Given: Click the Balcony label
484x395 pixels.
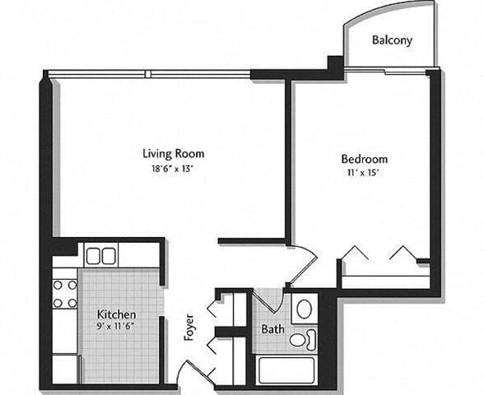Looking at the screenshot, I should click(392, 39).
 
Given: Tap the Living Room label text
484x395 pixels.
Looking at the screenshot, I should click(173, 153).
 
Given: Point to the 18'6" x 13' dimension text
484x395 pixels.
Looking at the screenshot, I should click(173, 168).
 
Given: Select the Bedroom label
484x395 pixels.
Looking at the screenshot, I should click(364, 159).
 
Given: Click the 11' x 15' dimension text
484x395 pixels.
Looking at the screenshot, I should click(364, 174).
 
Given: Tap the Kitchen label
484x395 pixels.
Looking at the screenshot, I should click(117, 315).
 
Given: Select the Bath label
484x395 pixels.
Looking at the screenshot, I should click(272, 330).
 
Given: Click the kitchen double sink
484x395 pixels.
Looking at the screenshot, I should click(101, 255).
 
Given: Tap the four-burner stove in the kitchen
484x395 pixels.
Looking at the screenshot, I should click(65, 294).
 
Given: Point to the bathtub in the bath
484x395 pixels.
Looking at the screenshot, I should click(286, 369).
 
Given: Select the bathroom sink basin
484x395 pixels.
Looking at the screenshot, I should click(304, 309).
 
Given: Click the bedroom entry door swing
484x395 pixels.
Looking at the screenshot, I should click(303, 263).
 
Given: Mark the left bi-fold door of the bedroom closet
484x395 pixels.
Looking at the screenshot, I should click(356, 253).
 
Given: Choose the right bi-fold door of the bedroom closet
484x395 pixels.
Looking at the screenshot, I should click(402, 253).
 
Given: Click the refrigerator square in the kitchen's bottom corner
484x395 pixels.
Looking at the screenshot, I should click(65, 368).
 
